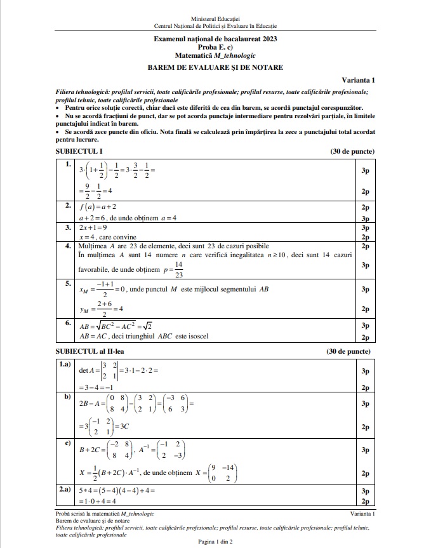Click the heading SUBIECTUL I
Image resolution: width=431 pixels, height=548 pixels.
click(78, 151)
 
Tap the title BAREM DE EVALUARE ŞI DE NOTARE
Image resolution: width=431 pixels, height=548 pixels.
click(215, 67)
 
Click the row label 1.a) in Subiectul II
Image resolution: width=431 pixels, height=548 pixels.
click(64, 364)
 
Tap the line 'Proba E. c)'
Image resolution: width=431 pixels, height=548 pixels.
click(215, 48)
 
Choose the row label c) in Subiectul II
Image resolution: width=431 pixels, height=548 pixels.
click(66, 443)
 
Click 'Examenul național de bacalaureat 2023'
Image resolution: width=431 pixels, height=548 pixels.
click(215, 39)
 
